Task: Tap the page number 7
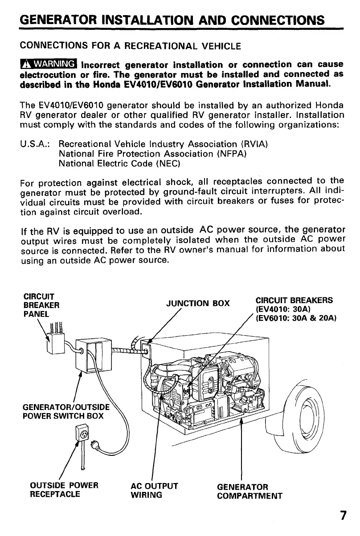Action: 343,516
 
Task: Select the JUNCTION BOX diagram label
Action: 197,305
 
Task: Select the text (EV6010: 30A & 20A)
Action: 296,318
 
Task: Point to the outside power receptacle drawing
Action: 83,433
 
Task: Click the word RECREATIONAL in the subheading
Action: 152,45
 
